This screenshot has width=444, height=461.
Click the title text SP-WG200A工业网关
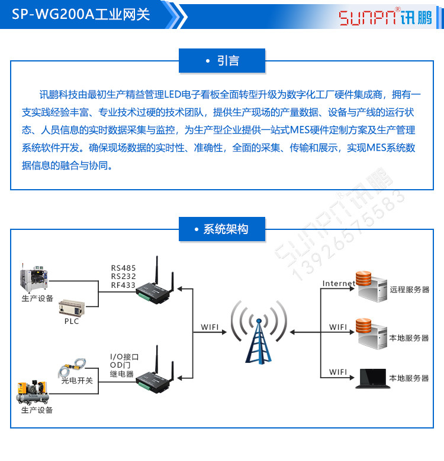click(81, 15)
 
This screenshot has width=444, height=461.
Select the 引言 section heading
click(222, 61)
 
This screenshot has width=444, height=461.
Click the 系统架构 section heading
click(222, 229)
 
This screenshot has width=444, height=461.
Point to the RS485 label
click(124, 268)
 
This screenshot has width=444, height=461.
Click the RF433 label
click(124, 285)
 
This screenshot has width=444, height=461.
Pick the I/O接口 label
click(124, 357)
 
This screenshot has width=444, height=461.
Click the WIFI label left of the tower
click(210, 327)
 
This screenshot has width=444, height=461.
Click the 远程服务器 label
click(409, 290)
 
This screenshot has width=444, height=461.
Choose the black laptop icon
click(371, 379)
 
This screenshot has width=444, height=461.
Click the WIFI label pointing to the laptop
click(338, 372)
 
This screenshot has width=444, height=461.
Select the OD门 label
click(121, 366)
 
